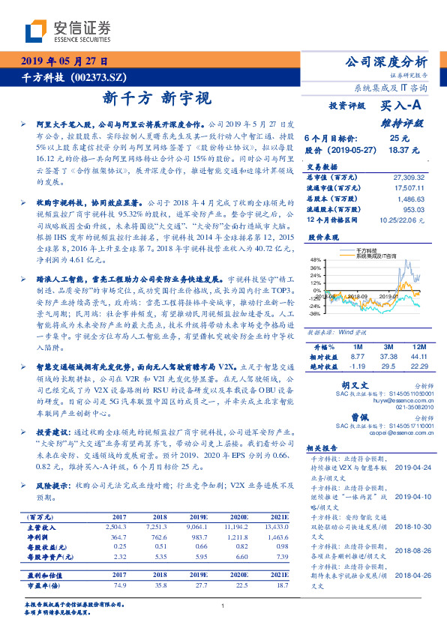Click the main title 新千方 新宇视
coord(157,97)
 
